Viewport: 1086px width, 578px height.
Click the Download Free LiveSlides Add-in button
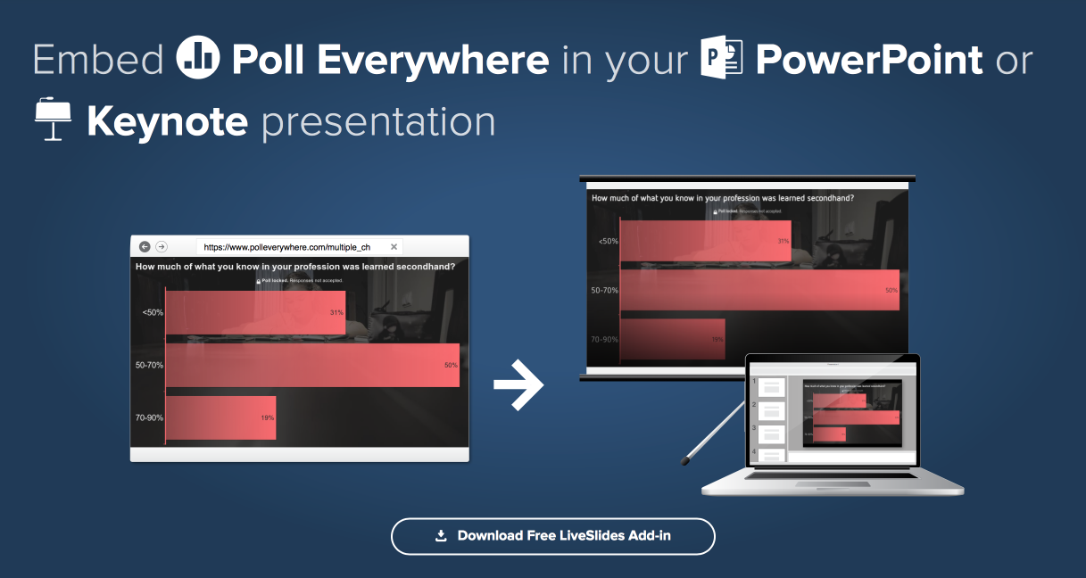552,536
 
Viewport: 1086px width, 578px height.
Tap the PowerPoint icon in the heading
722,59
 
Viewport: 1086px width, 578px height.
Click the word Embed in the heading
98,60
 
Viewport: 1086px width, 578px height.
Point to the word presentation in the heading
377,121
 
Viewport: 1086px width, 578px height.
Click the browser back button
145,247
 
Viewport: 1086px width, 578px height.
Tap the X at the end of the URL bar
394,247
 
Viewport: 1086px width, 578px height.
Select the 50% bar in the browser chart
312,365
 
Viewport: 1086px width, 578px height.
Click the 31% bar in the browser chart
255,312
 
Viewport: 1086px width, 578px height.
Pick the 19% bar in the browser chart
220,417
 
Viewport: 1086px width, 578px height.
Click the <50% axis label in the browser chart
152,312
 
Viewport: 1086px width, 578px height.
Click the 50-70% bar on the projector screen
759,290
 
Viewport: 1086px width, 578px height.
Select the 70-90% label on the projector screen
604,339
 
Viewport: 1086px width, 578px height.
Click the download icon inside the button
440,536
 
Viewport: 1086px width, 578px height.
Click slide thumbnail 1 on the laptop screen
771,387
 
